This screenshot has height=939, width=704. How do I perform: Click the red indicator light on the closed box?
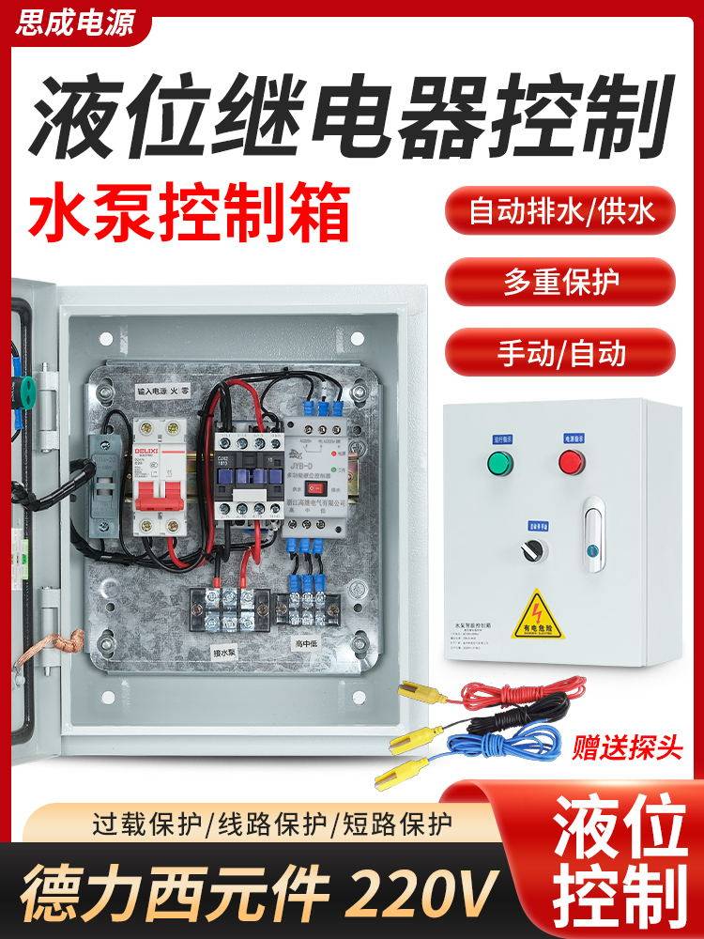coord(572,462)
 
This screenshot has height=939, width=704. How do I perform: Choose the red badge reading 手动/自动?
coord(560,352)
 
